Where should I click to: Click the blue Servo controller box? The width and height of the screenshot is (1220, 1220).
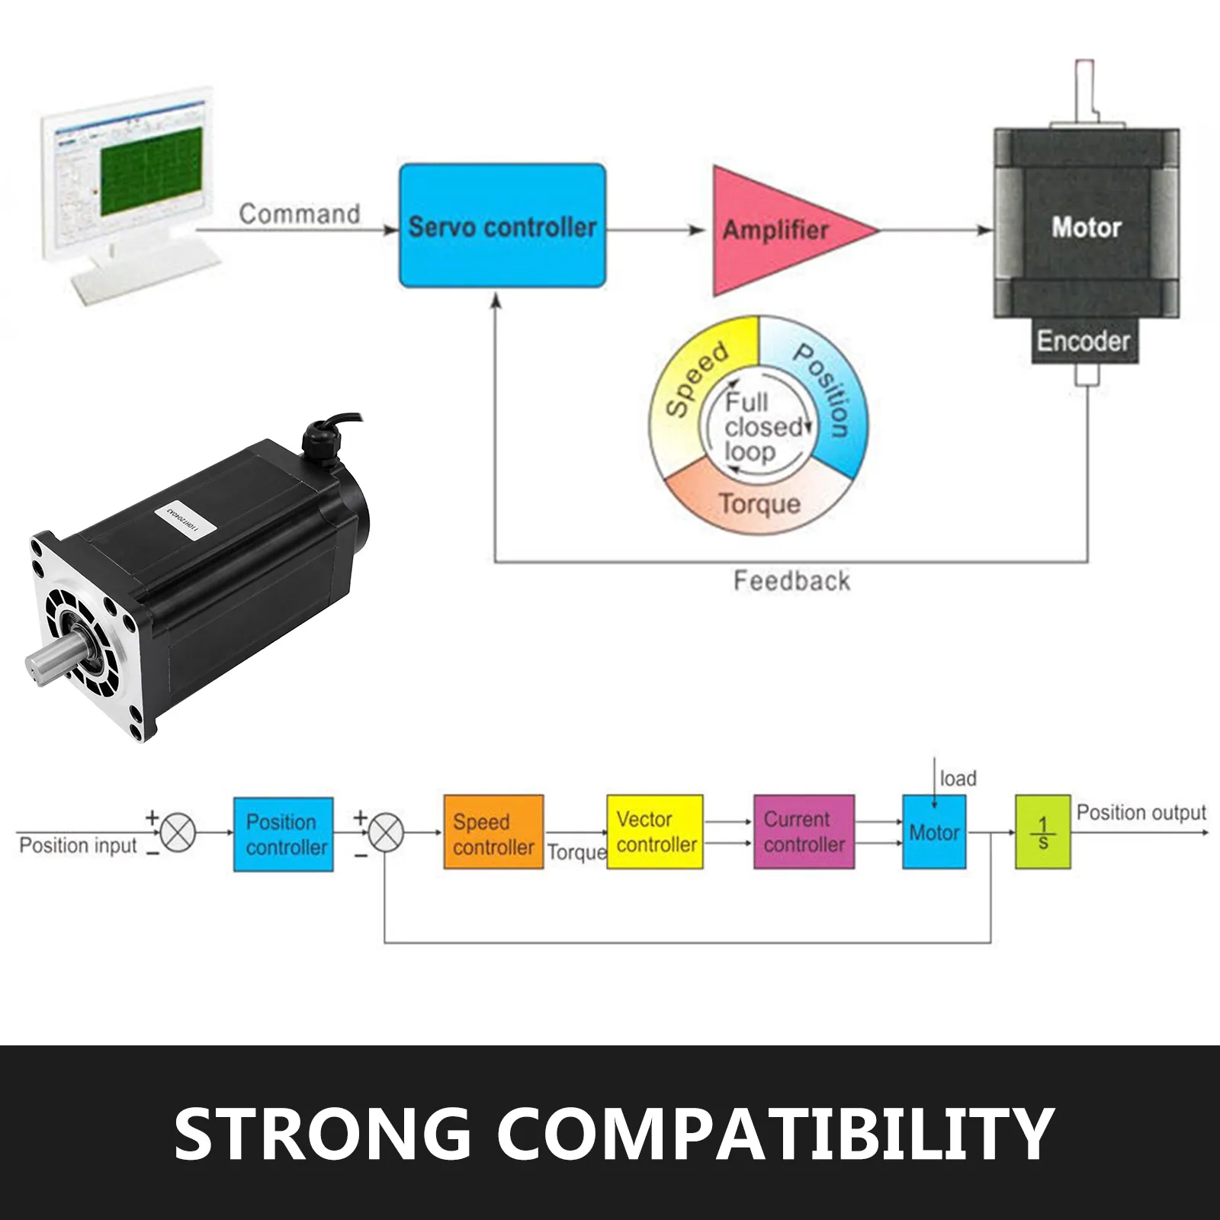coord(502,226)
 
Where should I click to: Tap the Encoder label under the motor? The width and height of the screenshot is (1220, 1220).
coord(1082,341)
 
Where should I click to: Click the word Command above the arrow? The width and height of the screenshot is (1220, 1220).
coord(299,213)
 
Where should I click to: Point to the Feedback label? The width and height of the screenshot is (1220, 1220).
coord(791,581)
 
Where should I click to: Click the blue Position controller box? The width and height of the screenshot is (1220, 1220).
coord(283,834)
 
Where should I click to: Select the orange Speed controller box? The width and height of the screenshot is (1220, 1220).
coord(493,833)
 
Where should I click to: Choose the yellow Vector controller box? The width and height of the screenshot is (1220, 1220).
coord(655,832)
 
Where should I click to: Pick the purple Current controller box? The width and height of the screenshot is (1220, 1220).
coord(804,832)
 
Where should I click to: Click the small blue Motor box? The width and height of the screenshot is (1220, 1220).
coord(934,833)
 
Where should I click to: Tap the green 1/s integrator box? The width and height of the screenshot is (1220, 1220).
coord(1042,833)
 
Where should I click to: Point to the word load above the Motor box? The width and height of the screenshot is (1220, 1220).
coord(958,779)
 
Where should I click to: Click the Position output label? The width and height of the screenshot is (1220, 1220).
coord(1141,813)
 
